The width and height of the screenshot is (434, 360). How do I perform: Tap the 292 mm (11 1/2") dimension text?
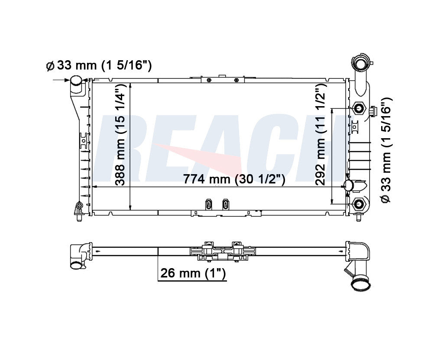pyautogui.click(x=321, y=134)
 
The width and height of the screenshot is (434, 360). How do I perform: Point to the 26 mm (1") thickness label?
pyautogui.click(x=193, y=273)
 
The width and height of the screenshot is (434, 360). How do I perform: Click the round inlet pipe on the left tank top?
pyautogui.click(x=76, y=81)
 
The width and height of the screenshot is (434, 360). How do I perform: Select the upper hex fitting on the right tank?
pyautogui.click(x=359, y=108)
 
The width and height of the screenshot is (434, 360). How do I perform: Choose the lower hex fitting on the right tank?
pyautogui.click(x=359, y=204)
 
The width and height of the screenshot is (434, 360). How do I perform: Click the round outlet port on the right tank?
pyautogui.click(x=348, y=186)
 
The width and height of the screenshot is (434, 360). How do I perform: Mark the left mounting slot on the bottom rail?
pyautogui.click(x=209, y=204)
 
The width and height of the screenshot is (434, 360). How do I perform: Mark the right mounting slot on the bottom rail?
pyautogui.click(x=225, y=204)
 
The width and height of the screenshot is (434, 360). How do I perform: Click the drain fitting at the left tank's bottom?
pyautogui.click(x=78, y=210)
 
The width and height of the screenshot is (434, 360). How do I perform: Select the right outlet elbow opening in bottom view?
pyautogui.click(x=360, y=285)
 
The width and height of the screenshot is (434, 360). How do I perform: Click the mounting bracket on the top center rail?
pyautogui.click(x=223, y=79)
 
